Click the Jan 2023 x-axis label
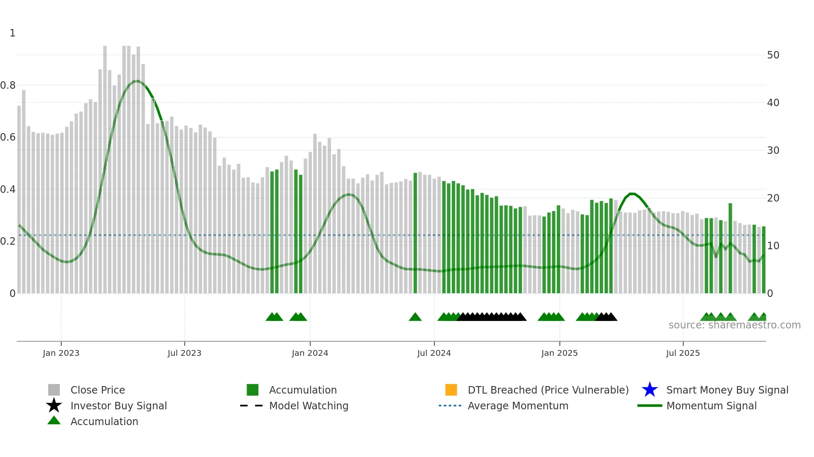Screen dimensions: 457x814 (61, 353)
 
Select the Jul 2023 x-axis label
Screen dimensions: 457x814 (184, 353)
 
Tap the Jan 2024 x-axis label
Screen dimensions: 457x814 (310, 353)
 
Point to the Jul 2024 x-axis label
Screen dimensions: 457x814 (434, 353)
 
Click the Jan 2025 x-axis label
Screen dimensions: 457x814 (559, 353)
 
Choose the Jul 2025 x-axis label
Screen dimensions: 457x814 (683, 353)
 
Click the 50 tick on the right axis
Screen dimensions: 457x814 (773, 55)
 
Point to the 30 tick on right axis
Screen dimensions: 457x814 (773, 151)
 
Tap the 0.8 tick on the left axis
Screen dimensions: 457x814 (8, 85)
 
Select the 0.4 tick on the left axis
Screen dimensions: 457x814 (8, 190)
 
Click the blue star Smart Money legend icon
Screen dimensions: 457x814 (650, 390)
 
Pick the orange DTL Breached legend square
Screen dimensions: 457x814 (451, 390)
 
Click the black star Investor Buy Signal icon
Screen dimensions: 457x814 (54, 406)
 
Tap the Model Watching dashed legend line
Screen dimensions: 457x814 (252, 406)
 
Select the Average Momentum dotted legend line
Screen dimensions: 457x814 (450, 406)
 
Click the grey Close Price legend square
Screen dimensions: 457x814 (54, 390)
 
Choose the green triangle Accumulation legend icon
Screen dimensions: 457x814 (54, 421)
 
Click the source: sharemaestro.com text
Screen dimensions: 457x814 (734, 325)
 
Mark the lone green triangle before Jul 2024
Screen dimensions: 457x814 (415, 317)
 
